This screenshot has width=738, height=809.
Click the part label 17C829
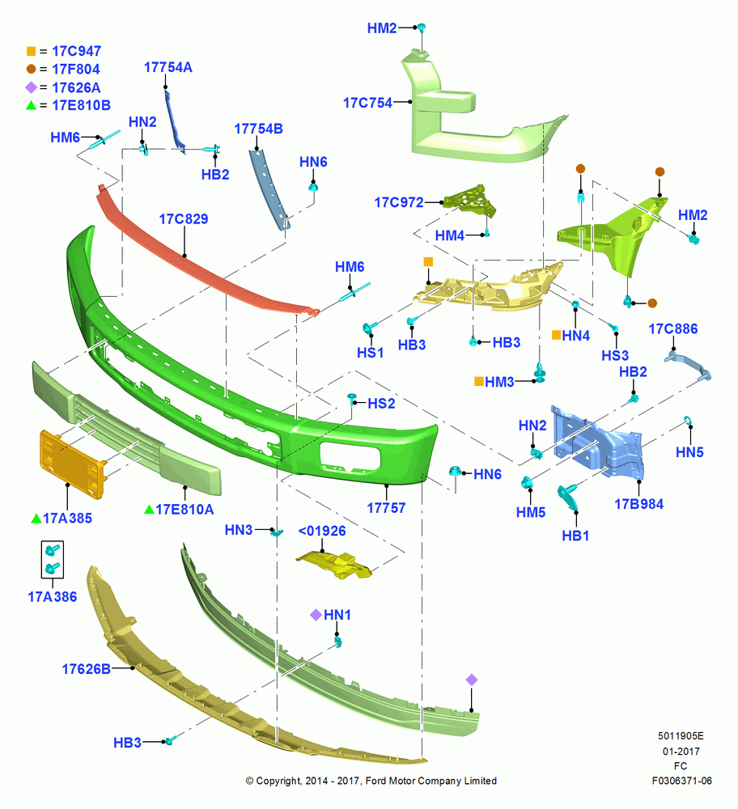coord(183,218)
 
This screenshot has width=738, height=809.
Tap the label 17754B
coord(259,129)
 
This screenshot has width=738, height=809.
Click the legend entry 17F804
coord(76,69)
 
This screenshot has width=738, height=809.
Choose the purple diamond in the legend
coord(31,87)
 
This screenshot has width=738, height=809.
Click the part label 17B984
coord(639,504)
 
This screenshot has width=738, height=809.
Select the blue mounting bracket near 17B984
coord(599,441)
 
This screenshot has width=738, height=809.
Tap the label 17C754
coord(368,104)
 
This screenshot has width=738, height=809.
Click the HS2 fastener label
coord(381,404)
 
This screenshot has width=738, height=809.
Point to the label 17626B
coord(87,669)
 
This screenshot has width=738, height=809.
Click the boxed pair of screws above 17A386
coord(52,559)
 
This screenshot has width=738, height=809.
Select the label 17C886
coord(673,329)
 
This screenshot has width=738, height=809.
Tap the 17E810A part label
coord(184,510)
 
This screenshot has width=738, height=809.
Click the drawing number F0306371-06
coord(681,781)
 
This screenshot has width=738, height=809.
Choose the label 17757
coord(386,508)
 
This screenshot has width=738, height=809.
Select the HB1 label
coord(575,536)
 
